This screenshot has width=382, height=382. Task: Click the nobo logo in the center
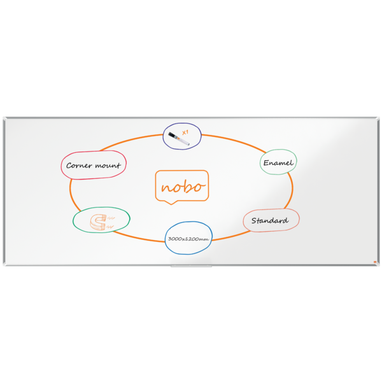[x=182, y=187]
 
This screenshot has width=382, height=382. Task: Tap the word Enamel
[x=279, y=163]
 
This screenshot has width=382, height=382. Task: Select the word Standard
[x=271, y=221]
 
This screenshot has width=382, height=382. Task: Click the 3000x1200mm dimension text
[x=188, y=239]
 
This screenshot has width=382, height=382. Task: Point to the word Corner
[x=79, y=166]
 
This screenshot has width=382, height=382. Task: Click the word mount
[x=108, y=166]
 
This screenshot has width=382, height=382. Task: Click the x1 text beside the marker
[x=185, y=132]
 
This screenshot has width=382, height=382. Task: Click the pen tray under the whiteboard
[x=191, y=266]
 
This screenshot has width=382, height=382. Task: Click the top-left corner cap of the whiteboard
[x=4, y=118]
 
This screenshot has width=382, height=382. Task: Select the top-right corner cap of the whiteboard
[x=378, y=118]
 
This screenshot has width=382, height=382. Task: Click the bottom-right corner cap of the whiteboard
[x=378, y=264]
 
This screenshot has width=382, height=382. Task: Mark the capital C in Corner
[x=69, y=166]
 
